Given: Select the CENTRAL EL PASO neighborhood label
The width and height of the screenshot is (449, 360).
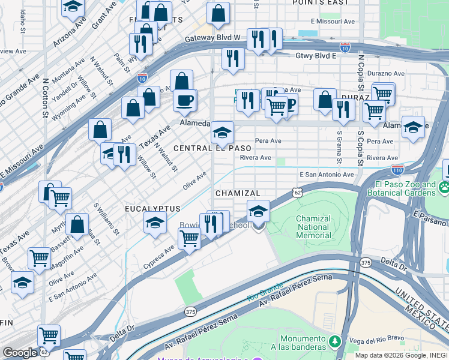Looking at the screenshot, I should (212, 148).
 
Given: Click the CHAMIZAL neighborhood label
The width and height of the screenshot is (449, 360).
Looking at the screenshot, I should (238, 193).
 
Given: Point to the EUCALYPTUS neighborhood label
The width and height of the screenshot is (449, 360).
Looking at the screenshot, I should (152, 208).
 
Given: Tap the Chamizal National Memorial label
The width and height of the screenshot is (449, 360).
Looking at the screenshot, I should (313, 227).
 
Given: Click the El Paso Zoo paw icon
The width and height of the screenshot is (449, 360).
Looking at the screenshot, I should (444, 188).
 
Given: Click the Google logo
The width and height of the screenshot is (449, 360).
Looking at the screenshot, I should (20, 352).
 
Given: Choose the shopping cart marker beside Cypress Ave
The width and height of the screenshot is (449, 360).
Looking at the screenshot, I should (189, 238).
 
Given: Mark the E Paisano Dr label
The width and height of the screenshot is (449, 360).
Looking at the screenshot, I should (431, 217).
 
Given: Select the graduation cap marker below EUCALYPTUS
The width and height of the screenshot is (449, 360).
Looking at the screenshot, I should (155, 223).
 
